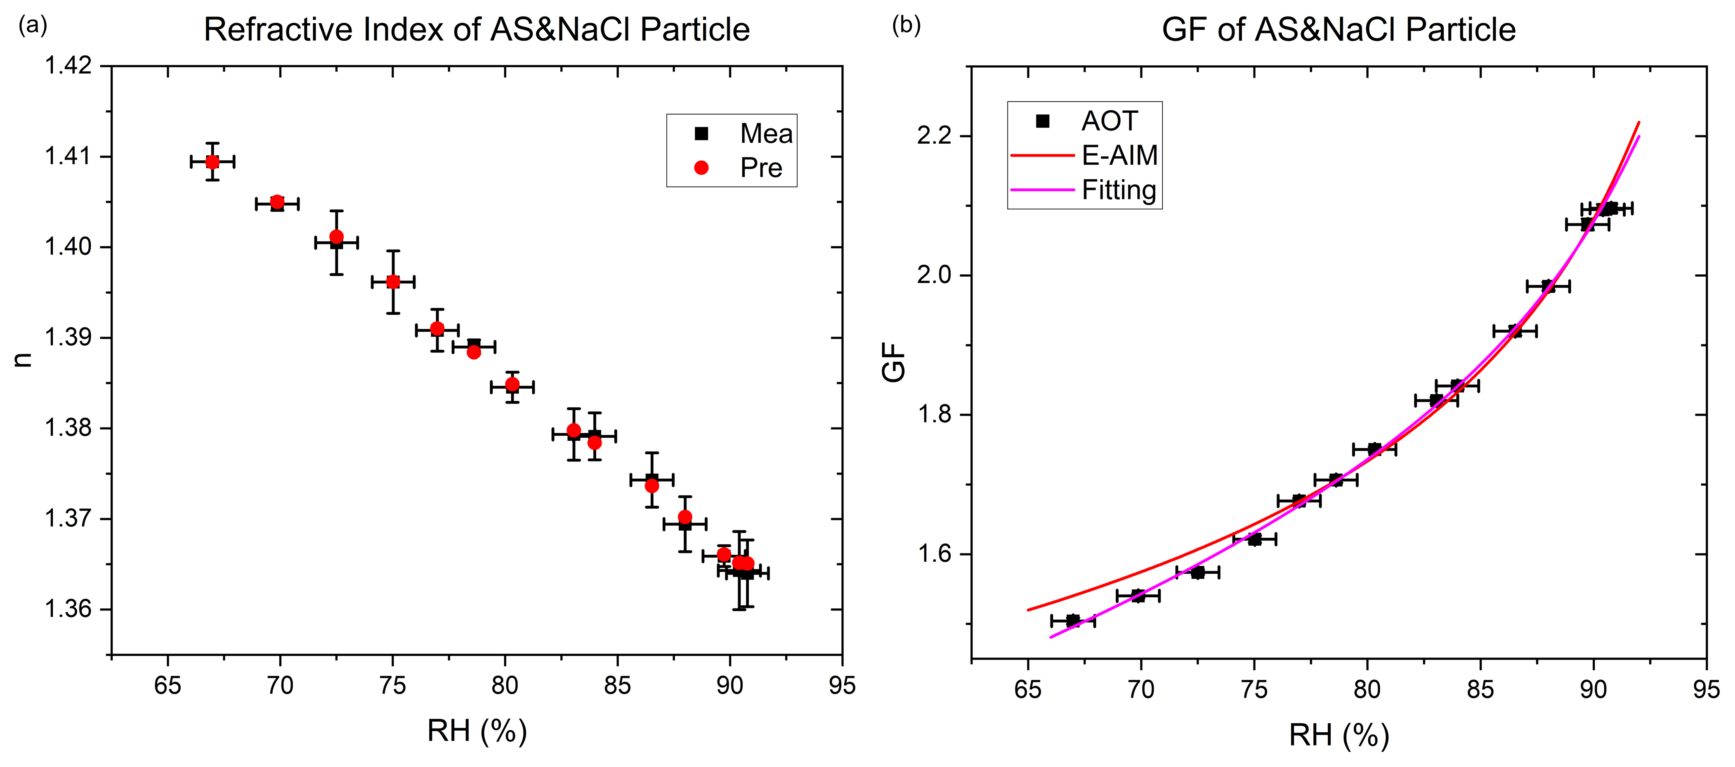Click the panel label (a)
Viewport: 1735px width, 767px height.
(32, 26)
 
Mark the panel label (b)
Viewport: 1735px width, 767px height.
(906, 26)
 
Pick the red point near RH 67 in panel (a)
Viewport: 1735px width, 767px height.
(213, 162)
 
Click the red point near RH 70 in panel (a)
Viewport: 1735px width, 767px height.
(277, 202)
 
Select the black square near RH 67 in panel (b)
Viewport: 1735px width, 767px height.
(1073, 620)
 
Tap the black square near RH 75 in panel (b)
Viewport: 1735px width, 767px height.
(1254, 539)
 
